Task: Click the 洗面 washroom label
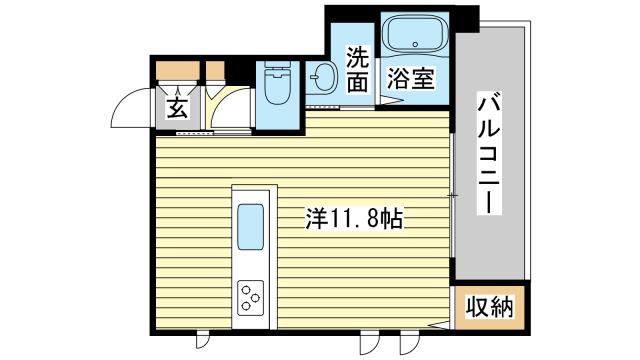pyautogui.click(x=358, y=70)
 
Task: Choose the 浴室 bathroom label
pyautogui.click(x=411, y=80)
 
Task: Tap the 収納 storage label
pyautogui.click(x=489, y=307)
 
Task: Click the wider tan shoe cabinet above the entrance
pyautogui.click(x=176, y=71)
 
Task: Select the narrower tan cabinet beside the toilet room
pyautogui.click(x=215, y=71)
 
